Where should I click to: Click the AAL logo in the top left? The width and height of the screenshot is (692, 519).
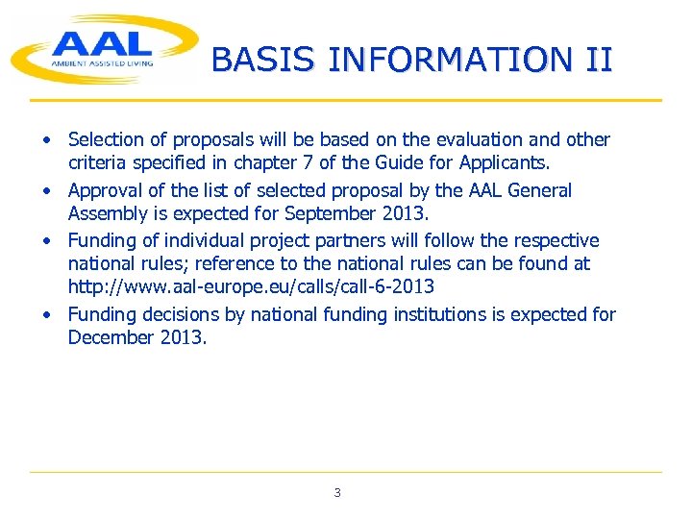click(101, 48)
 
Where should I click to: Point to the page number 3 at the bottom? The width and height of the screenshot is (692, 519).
click(336, 493)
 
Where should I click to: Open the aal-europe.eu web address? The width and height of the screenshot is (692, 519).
click(250, 286)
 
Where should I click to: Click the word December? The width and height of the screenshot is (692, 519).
click(110, 337)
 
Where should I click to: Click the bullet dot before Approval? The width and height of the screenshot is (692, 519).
click(45, 191)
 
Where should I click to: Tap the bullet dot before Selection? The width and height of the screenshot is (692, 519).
click(45, 140)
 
